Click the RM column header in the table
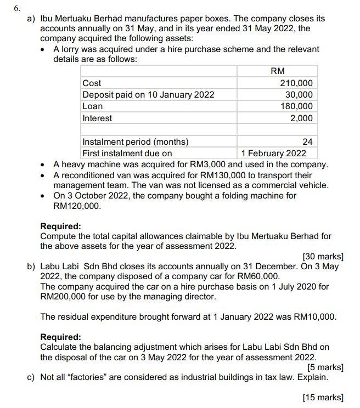(x=278, y=71)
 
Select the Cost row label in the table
(x=92, y=83)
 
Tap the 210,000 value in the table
(x=296, y=83)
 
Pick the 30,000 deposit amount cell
(x=299, y=94)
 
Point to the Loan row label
(x=92, y=106)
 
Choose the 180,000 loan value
(x=296, y=106)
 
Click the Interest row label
(x=97, y=118)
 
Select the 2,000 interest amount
(x=301, y=118)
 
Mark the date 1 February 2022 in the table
(x=274, y=153)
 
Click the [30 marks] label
(x=323, y=256)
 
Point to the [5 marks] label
(x=325, y=367)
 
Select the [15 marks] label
(x=323, y=397)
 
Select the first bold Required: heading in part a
(x=61, y=226)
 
